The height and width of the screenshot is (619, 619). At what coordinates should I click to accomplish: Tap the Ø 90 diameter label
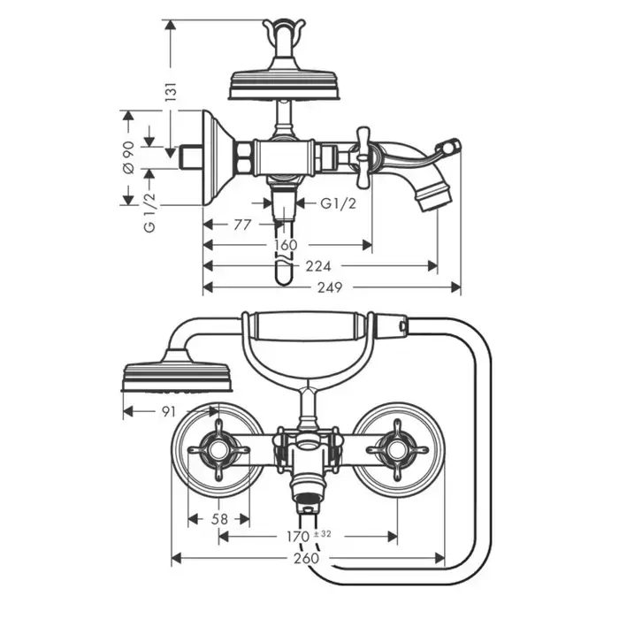[127, 157]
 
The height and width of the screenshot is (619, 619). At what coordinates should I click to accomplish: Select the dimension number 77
[243, 225]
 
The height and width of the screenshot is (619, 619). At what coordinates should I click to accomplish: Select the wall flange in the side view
[217, 157]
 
